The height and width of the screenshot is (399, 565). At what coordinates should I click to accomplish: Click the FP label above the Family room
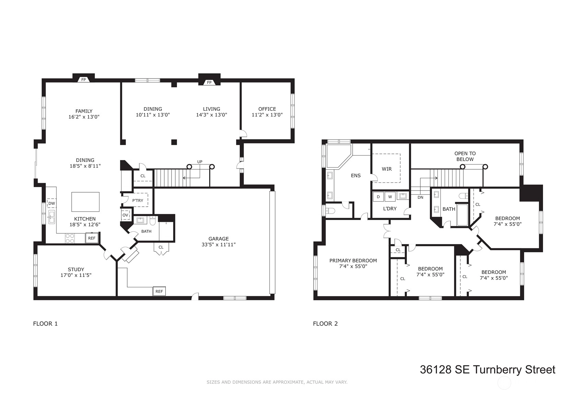[83, 80]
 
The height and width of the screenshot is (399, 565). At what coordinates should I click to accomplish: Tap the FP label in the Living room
[209, 82]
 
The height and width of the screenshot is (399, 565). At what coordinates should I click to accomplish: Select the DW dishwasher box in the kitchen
[51, 203]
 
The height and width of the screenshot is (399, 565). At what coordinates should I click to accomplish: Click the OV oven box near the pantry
[125, 215]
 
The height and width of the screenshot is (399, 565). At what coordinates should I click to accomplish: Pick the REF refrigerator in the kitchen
[92, 238]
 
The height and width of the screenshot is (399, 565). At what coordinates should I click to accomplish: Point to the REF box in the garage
[159, 291]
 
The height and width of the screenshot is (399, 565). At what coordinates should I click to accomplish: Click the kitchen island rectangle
[85, 202]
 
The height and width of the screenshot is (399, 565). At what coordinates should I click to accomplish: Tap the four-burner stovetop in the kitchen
[70, 239]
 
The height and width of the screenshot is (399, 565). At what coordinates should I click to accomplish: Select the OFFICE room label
[267, 109]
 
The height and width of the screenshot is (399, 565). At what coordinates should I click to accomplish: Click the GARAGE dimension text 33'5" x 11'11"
[219, 244]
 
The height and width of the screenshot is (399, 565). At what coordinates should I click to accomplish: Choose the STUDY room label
[76, 269]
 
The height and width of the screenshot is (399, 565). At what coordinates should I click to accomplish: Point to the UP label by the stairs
[200, 162]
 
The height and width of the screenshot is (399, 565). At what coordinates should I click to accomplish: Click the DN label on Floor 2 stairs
[420, 197]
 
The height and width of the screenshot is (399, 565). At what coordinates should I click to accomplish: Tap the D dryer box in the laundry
[378, 197]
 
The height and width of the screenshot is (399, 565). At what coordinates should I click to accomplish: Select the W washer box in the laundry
[390, 197]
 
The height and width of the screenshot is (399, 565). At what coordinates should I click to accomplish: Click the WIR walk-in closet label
[387, 169]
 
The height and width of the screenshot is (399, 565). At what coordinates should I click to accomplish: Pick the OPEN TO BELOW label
[465, 156]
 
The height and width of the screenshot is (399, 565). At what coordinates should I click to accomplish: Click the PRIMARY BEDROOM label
[353, 261]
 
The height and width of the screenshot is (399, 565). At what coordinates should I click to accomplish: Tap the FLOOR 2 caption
[325, 324]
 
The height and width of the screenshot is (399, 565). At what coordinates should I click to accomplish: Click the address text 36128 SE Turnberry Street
[487, 370]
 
